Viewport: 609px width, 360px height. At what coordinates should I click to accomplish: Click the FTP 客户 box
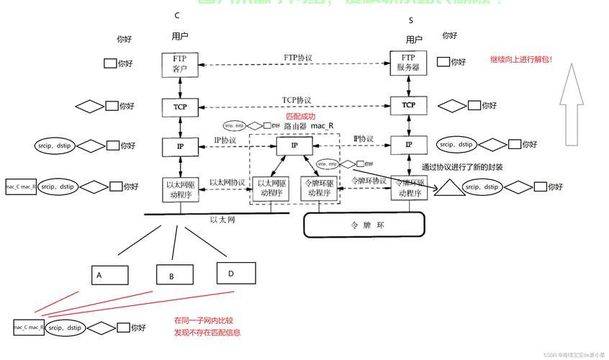[x=179, y=64]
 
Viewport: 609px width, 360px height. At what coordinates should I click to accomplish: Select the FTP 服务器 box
[x=408, y=63]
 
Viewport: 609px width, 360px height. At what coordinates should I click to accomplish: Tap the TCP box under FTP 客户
[x=179, y=107]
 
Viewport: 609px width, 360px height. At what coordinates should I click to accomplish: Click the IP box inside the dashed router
[x=294, y=145]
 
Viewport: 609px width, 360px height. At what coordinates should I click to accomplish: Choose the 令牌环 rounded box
[x=357, y=225]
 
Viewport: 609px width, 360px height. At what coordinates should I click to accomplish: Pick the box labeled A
[x=110, y=275]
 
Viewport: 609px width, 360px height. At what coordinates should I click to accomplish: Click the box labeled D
[x=236, y=273]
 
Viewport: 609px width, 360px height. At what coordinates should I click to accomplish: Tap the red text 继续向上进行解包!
[x=521, y=60]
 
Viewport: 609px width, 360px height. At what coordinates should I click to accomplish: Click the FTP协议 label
[x=298, y=57]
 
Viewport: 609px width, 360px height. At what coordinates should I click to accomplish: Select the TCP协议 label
[x=297, y=100]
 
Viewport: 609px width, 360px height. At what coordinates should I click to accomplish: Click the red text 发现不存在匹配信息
[x=207, y=333]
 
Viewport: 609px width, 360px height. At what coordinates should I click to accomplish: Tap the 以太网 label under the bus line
[x=222, y=220]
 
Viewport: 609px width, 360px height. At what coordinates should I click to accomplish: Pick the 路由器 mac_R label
[x=309, y=126]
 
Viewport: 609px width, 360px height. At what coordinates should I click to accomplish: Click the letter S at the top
[x=411, y=21]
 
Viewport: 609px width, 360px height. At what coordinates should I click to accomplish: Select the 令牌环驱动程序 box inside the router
[x=318, y=188]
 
